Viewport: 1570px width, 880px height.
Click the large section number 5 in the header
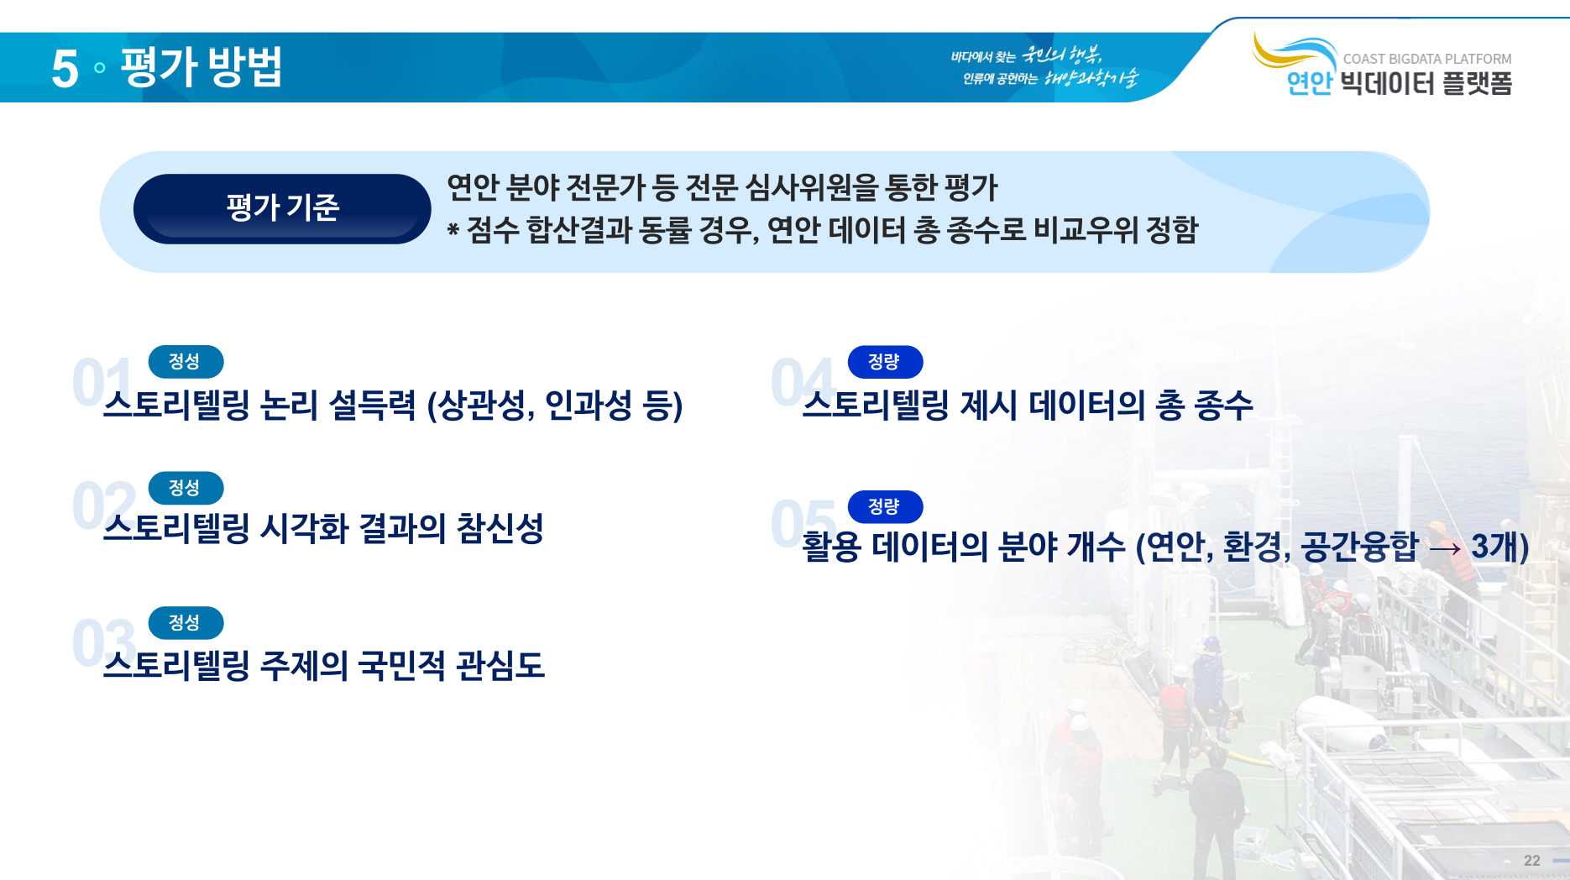pos(65,68)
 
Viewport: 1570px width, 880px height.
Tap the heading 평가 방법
pos(201,66)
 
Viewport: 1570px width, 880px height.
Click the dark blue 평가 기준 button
pos(282,208)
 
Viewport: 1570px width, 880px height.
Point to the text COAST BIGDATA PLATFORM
pos(1426,59)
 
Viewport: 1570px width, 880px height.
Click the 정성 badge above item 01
pos(186,361)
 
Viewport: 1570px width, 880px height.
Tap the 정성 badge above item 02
pos(186,488)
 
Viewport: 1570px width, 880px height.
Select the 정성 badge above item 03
pos(186,623)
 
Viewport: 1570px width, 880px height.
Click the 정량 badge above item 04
pos(885,361)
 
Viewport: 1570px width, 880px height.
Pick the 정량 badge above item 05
pos(885,506)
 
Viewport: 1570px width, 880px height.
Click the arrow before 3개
pos(1445,549)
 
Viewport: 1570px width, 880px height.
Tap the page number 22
pos(1532,861)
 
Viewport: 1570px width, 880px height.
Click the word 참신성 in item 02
pos(500,529)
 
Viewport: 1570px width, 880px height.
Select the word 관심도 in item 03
pos(500,666)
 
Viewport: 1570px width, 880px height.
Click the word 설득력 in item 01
pos(372,406)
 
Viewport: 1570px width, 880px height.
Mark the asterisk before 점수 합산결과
pos(453,229)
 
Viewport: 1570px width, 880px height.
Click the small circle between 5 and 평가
pos(100,68)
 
